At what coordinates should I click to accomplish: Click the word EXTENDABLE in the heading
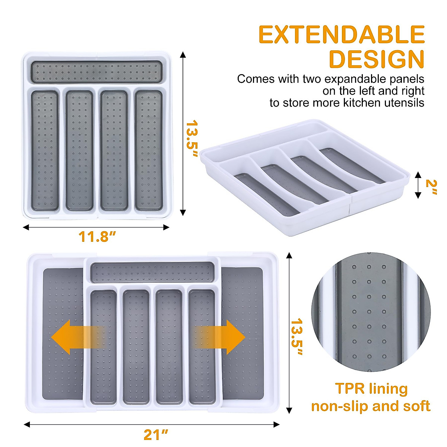click(x=341, y=35)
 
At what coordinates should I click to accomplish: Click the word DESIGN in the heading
click(x=377, y=59)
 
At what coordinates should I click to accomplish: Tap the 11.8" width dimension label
click(x=97, y=237)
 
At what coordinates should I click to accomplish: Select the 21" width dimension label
click(x=156, y=435)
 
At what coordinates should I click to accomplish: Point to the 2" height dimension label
click(x=431, y=188)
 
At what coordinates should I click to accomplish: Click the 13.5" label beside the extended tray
click(x=297, y=337)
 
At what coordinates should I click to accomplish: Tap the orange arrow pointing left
click(x=76, y=337)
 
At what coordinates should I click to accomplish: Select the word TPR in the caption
click(x=349, y=389)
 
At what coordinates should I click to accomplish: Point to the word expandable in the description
click(x=356, y=79)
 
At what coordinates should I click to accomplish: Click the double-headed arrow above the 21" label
click(x=151, y=424)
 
